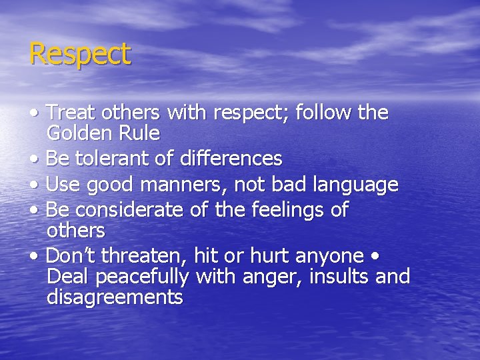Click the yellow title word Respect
[x=80, y=54]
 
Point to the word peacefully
[x=117, y=277]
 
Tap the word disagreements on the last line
[x=115, y=297]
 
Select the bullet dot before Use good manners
[x=33, y=185]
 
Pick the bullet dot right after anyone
[x=377, y=256]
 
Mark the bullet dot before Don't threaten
[x=33, y=256]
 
